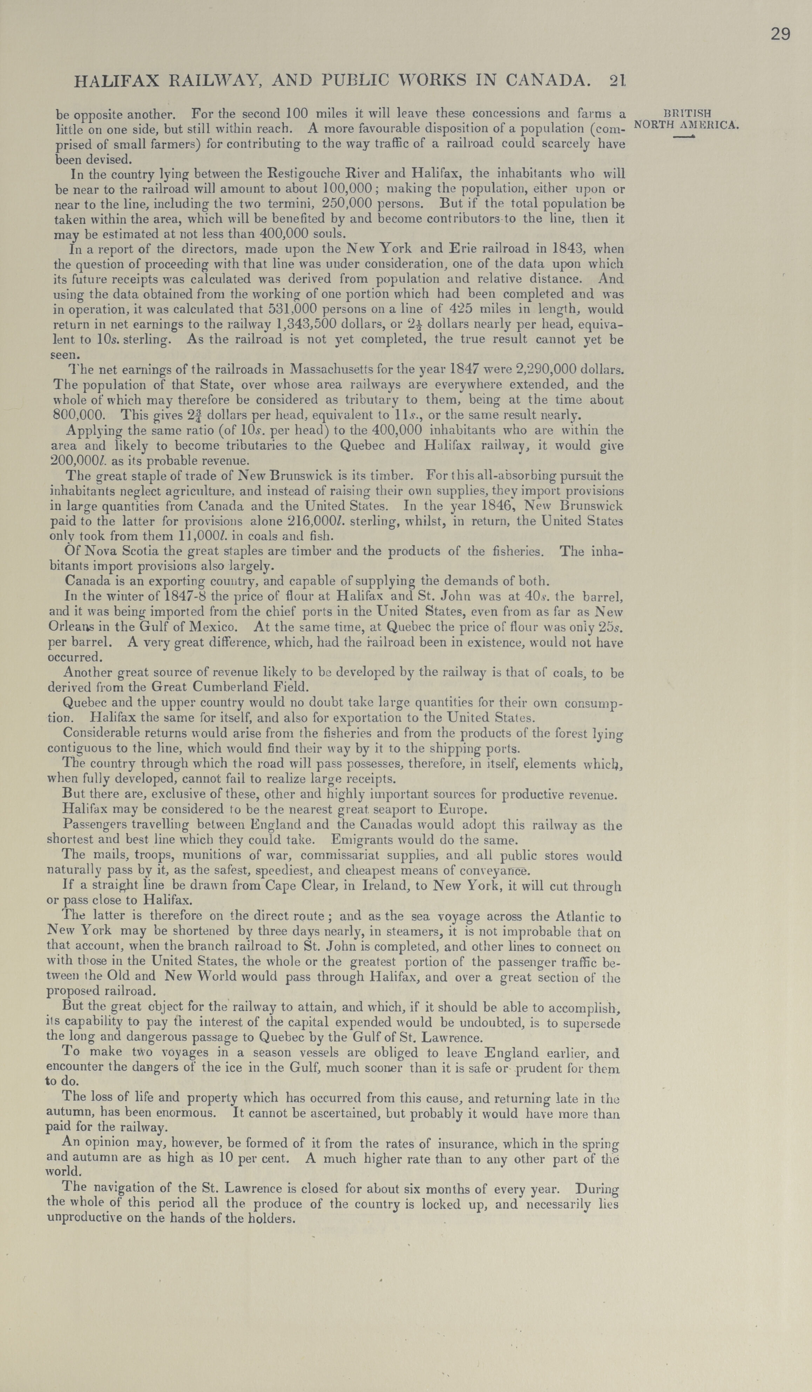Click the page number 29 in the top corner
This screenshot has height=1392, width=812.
(780, 34)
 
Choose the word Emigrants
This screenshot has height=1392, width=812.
(360, 840)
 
